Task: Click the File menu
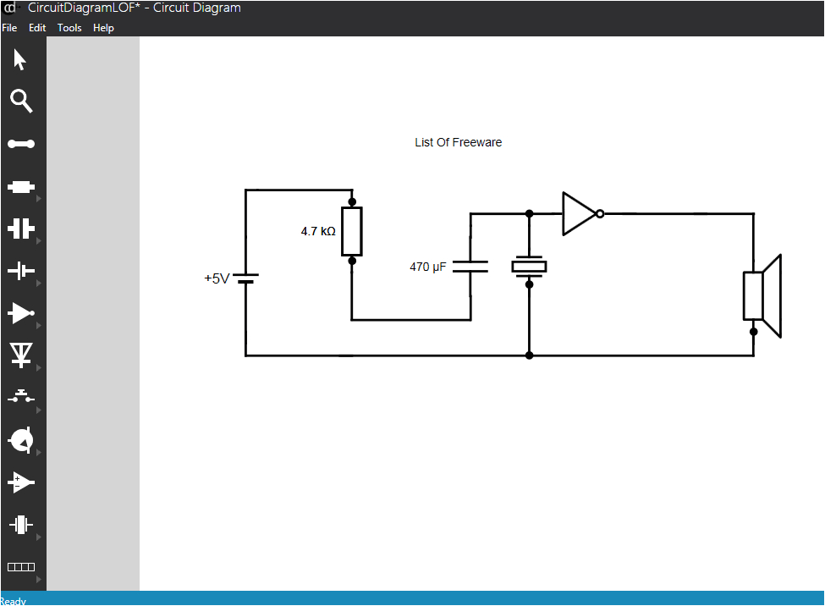pyautogui.click(x=9, y=28)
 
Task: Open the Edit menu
pyautogui.click(x=37, y=28)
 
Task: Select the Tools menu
pyautogui.click(x=69, y=28)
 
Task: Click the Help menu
pyautogui.click(x=103, y=28)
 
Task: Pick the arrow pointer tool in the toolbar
pyautogui.click(x=20, y=60)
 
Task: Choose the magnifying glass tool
pyautogui.click(x=21, y=102)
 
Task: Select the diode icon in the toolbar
pyautogui.click(x=21, y=355)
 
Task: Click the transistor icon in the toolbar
pyautogui.click(x=21, y=440)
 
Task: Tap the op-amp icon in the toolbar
pyautogui.click(x=21, y=482)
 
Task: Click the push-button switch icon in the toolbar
pyautogui.click(x=21, y=397)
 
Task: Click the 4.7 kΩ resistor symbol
pyautogui.click(x=351, y=231)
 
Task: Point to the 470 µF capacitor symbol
pyautogui.click(x=470, y=267)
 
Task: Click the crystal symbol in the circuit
pyautogui.click(x=529, y=267)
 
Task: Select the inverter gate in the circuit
pyautogui.click(x=581, y=213)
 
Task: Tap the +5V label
pyautogui.click(x=217, y=278)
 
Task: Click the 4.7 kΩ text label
pyautogui.click(x=318, y=231)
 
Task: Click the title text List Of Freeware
pyautogui.click(x=458, y=142)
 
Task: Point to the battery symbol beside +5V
pyautogui.click(x=245, y=278)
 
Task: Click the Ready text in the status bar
pyautogui.click(x=14, y=601)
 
